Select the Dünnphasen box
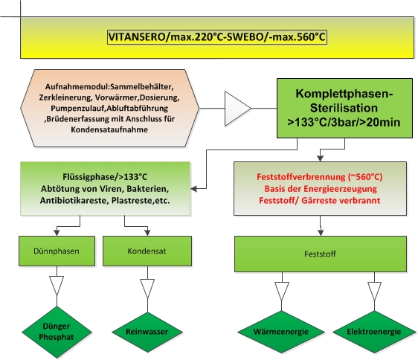(57, 251)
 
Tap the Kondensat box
(147, 251)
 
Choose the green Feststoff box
(321, 254)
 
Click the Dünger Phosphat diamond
(57, 332)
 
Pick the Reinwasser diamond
(147, 332)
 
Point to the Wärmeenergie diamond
(281, 332)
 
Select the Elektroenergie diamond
(374, 332)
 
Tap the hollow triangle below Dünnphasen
(57, 286)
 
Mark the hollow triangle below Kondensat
(147, 289)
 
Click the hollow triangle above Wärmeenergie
(282, 292)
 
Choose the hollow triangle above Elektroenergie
(374, 292)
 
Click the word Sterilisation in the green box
(344, 108)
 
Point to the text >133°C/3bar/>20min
(344, 123)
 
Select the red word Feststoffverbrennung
(301, 177)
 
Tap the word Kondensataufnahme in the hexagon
(109, 129)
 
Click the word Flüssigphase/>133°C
(105, 177)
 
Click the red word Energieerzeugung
(341, 189)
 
